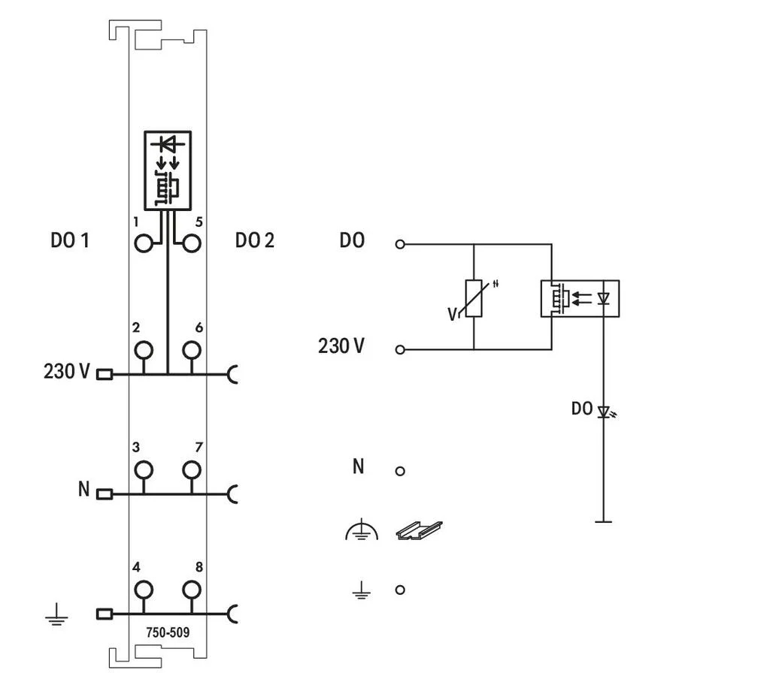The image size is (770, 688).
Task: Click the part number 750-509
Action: click(168, 632)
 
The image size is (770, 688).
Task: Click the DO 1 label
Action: click(70, 240)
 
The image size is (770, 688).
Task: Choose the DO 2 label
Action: click(254, 240)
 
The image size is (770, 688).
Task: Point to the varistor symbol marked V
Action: click(474, 299)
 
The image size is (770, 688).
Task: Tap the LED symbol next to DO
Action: click(604, 412)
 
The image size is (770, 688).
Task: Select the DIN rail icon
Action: click(419, 530)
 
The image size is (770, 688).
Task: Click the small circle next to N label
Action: click(400, 471)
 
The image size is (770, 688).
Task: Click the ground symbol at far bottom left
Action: click(56, 615)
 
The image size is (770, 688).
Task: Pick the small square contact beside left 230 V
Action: click(104, 374)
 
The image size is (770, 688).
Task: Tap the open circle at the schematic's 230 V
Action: click(400, 350)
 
